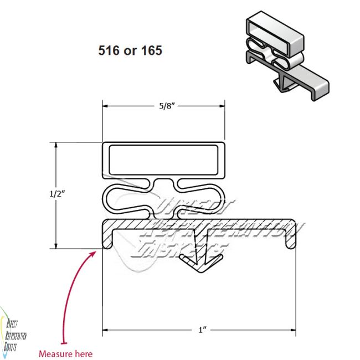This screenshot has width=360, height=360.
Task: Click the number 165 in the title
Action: pyautogui.click(x=150, y=50)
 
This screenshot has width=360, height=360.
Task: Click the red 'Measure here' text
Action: pyautogui.click(x=65, y=353)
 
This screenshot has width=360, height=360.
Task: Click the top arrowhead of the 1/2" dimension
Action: pyautogui.click(x=55, y=145)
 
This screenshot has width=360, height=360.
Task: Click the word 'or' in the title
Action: pyautogui.click(x=130, y=50)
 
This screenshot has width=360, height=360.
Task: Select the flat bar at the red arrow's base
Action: pyautogui.click(x=65, y=344)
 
